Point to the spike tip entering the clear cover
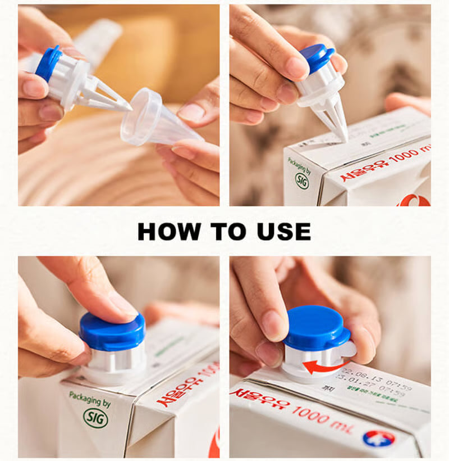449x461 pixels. tap(127, 105)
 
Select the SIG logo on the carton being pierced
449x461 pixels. tap(302, 180)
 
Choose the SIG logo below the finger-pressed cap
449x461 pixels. tap(95, 418)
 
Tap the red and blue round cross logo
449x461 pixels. tap(378, 438)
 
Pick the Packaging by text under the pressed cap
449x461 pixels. tap(87, 400)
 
